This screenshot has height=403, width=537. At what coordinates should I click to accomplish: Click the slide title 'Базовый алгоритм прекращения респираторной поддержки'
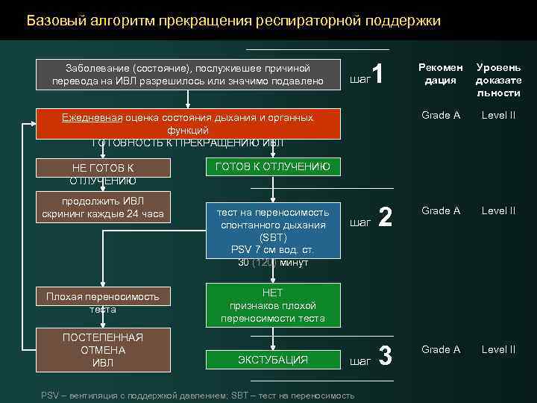click(x=233, y=20)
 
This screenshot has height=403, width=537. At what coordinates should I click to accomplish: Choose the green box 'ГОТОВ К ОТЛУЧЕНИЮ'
click(x=272, y=166)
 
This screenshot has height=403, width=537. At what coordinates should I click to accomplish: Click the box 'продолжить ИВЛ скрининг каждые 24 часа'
click(x=102, y=207)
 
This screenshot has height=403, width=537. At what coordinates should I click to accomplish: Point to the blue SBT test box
click(x=272, y=231)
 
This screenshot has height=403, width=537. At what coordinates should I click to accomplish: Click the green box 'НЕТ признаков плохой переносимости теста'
click(x=272, y=304)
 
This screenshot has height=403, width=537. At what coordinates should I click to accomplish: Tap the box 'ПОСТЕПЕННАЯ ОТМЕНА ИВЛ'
click(x=102, y=349)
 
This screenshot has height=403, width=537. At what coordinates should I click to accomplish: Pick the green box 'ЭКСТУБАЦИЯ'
click(x=272, y=360)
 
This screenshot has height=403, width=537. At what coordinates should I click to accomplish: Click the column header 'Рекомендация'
click(x=440, y=74)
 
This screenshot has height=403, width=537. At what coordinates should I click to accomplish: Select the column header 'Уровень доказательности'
click(x=498, y=80)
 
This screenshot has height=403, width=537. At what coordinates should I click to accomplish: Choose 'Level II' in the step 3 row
click(x=498, y=349)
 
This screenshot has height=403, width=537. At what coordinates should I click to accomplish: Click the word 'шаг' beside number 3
click(x=359, y=360)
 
